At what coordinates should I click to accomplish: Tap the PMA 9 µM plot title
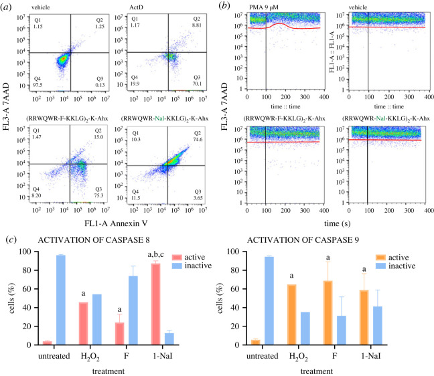[265, 7]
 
